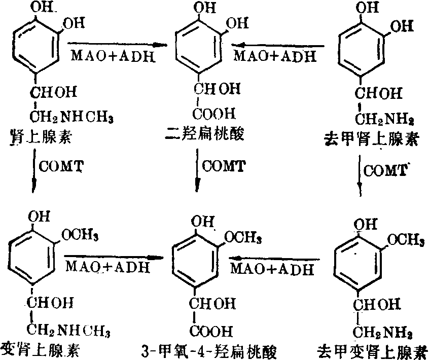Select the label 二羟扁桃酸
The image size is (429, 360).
point(205,135)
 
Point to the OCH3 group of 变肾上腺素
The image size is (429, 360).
point(81,236)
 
